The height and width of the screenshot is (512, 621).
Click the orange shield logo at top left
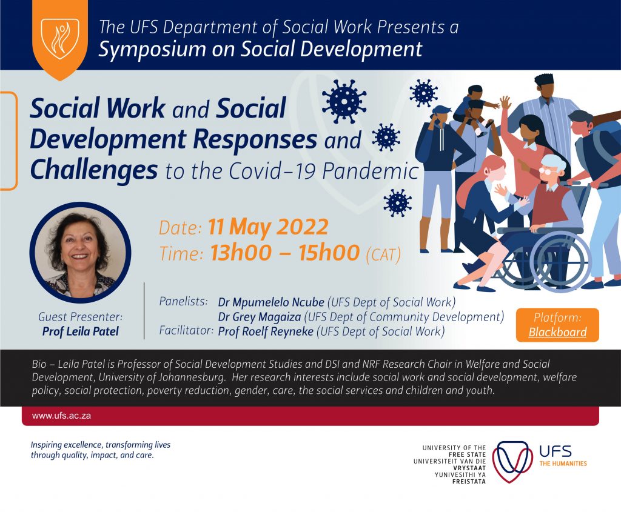(x=60, y=39)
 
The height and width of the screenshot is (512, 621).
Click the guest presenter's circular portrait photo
(x=80, y=252)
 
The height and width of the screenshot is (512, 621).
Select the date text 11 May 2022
(x=268, y=227)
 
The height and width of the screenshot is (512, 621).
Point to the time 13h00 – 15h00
(x=285, y=253)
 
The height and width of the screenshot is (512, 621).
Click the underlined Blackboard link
(x=557, y=332)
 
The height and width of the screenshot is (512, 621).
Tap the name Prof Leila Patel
(x=81, y=331)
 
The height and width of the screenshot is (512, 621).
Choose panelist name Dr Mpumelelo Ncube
(x=271, y=302)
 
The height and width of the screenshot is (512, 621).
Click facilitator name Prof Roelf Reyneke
(x=266, y=331)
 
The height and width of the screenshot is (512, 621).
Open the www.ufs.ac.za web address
(x=61, y=416)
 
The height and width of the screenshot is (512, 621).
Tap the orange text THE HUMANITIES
(x=563, y=464)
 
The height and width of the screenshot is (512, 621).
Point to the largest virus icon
(x=344, y=102)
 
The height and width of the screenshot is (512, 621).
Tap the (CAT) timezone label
(x=383, y=254)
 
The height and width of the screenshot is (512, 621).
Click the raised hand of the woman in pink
(x=505, y=103)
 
